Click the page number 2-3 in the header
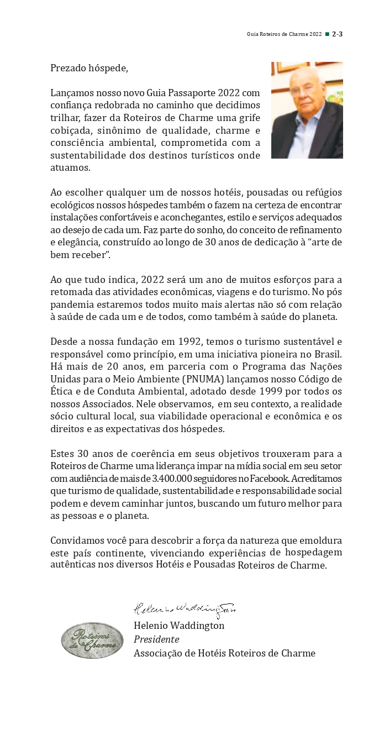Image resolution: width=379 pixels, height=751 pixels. pos(337,34)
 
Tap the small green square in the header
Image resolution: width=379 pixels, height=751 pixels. pos(327,34)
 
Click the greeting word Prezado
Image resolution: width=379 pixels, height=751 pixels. pos(67,69)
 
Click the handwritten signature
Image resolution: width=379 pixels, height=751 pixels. pos(185,610)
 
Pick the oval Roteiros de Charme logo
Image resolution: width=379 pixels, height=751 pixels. pos(92,640)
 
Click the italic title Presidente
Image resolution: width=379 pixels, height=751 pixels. pos(156,639)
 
